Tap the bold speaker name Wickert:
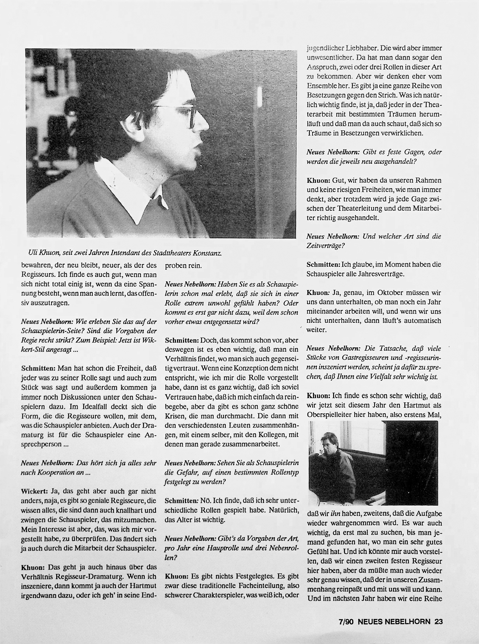35,491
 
